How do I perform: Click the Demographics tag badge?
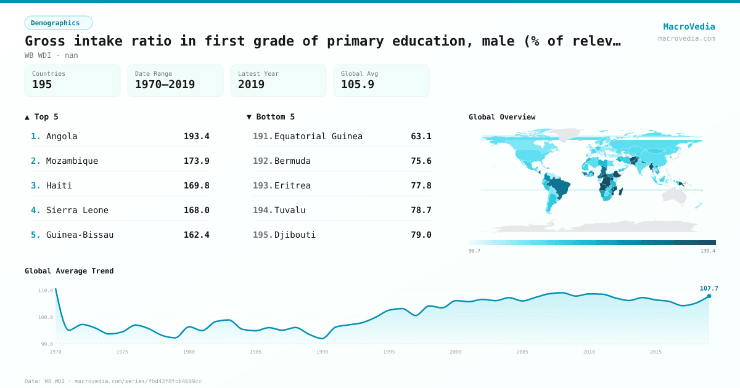(x=58, y=23)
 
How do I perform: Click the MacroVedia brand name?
(x=689, y=26)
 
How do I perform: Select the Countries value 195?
(x=42, y=84)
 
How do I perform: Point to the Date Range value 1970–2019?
(x=165, y=84)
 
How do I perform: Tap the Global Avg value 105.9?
(x=357, y=84)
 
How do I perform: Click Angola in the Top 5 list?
(x=62, y=136)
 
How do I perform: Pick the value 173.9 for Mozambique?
(x=196, y=161)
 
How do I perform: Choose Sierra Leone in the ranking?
(x=77, y=210)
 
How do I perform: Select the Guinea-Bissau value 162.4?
(x=196, y=235)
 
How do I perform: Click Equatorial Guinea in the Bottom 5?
(x=318, y=136)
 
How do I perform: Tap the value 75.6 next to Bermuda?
(x=421, y=161)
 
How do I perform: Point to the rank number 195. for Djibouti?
(x=263, y=235)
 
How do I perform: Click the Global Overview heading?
(x=502, y=117)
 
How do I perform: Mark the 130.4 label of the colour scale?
(x=707, y=251)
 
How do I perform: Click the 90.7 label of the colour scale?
(x=474, y=251)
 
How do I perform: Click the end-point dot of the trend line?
(x=709, y=296)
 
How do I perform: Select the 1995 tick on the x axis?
(x=389, y=352)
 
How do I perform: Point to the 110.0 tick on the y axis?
(x=46, y=290)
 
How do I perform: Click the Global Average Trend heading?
(x=69, y=271)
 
